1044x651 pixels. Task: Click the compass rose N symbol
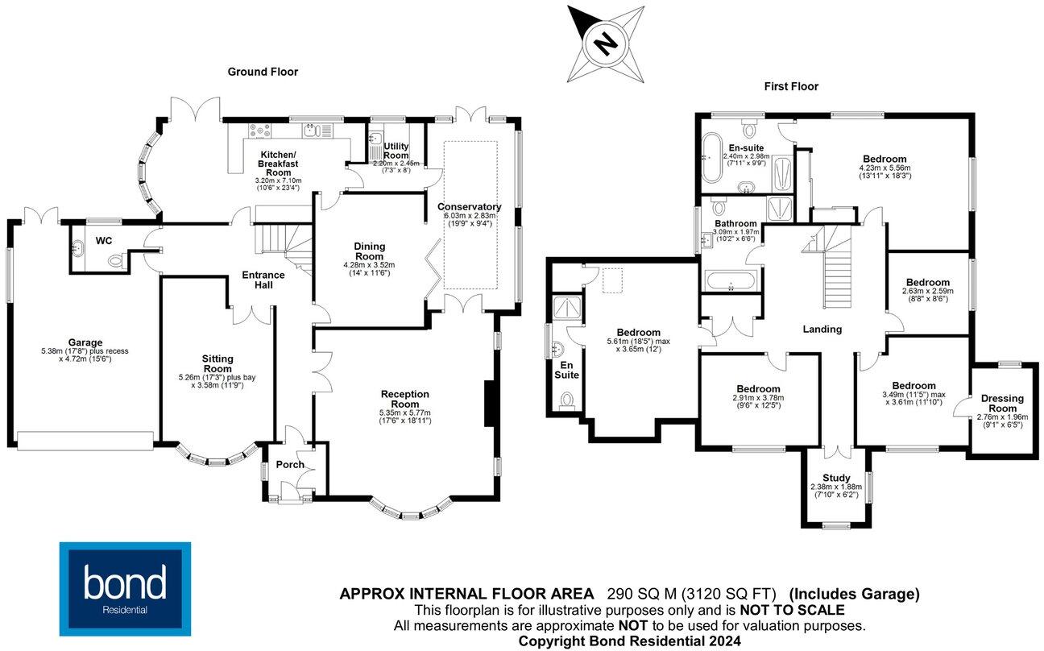tap(606, 41)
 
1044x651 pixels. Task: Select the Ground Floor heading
tap(263, 72)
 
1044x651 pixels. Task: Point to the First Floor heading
tap(791, 86)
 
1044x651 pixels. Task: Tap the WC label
tap(104, 240)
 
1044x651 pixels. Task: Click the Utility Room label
tap(396, 150)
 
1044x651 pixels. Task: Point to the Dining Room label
tap(369, 251)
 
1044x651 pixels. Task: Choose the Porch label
tap(290, 464)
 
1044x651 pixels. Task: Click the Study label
tap(836, 478)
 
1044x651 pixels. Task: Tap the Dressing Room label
tap(1002, 403)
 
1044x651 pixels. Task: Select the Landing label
tap(822, 329)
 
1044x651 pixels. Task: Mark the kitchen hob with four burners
tap(260, 131)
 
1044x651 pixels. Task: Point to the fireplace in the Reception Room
tap(489, 403)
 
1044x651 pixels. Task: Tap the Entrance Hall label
tap(263, 280)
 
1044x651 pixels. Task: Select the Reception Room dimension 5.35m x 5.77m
tap(405, 413)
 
